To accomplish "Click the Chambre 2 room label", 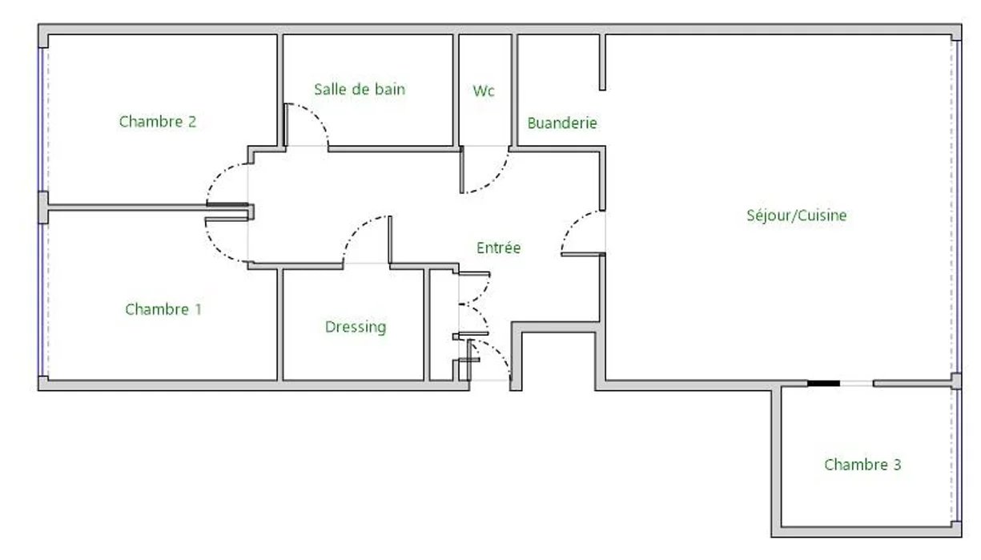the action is [158, 122].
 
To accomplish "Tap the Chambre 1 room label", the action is [163, 309].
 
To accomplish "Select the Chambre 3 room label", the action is [862, 465].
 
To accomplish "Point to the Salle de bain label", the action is [360, 90].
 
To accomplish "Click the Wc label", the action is [484, 91].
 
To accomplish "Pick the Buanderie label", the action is [562, 123].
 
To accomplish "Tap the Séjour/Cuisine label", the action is [797, 216].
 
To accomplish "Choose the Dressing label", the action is [356, 327].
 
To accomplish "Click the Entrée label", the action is [498, 248].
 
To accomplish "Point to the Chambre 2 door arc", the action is [217, 175].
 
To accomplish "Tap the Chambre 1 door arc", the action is [216, 250].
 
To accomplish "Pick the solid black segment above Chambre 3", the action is [823, 384].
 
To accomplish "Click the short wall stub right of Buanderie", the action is [602, 62].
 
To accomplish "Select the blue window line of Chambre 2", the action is [40, 119].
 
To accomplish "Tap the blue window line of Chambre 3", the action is [959, 455].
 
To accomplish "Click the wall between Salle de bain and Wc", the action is [456, 91].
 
